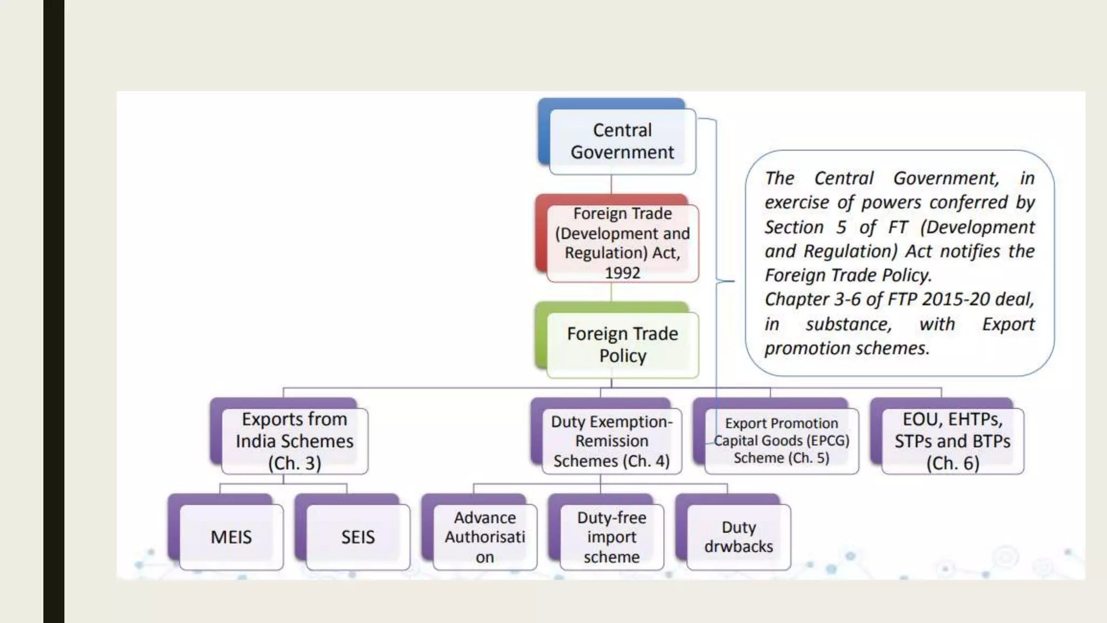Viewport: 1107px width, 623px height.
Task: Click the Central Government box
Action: click(622, 141)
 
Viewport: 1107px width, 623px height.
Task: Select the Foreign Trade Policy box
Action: click(622, 344)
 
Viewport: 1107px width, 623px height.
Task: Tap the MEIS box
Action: click(231, 537)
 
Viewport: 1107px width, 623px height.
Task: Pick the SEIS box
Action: click(357, 537)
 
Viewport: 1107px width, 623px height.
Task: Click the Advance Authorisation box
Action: click(485, 537)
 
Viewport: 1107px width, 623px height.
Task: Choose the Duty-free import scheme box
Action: click(611, 537)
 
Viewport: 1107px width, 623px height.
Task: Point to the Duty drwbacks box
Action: click(738, 537)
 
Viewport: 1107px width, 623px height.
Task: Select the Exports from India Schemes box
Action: click(295, 441)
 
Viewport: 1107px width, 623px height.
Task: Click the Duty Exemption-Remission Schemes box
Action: click(611, 441)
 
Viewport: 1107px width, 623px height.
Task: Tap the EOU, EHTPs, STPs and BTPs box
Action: click(952, 441)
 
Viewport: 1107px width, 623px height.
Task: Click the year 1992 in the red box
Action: click(622, 273)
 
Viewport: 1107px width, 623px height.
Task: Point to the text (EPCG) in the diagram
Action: click(828, 441)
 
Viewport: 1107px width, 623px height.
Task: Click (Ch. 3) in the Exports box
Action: click(295, 463)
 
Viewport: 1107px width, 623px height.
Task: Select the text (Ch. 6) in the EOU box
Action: click(952, 463)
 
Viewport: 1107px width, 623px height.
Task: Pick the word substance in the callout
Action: click(849, 324)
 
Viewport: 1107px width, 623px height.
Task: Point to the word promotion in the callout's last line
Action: click(799, 348)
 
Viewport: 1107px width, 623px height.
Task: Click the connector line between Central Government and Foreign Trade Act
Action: click(611, 184)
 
